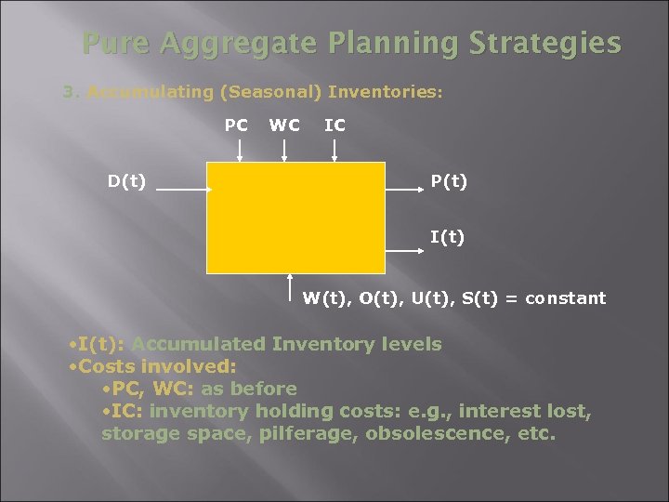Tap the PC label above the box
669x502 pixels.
coord(236,125)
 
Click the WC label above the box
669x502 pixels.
coord(284,125)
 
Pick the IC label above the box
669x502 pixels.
coord(334,125)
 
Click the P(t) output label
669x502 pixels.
coord(448,181)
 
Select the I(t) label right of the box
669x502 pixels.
coord(447,238)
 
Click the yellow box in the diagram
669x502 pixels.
coord(295,218)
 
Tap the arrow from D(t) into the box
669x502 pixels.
coord(180,189)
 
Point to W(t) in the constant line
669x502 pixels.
coord(323,298)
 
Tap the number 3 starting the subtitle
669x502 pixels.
coord(66,92)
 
